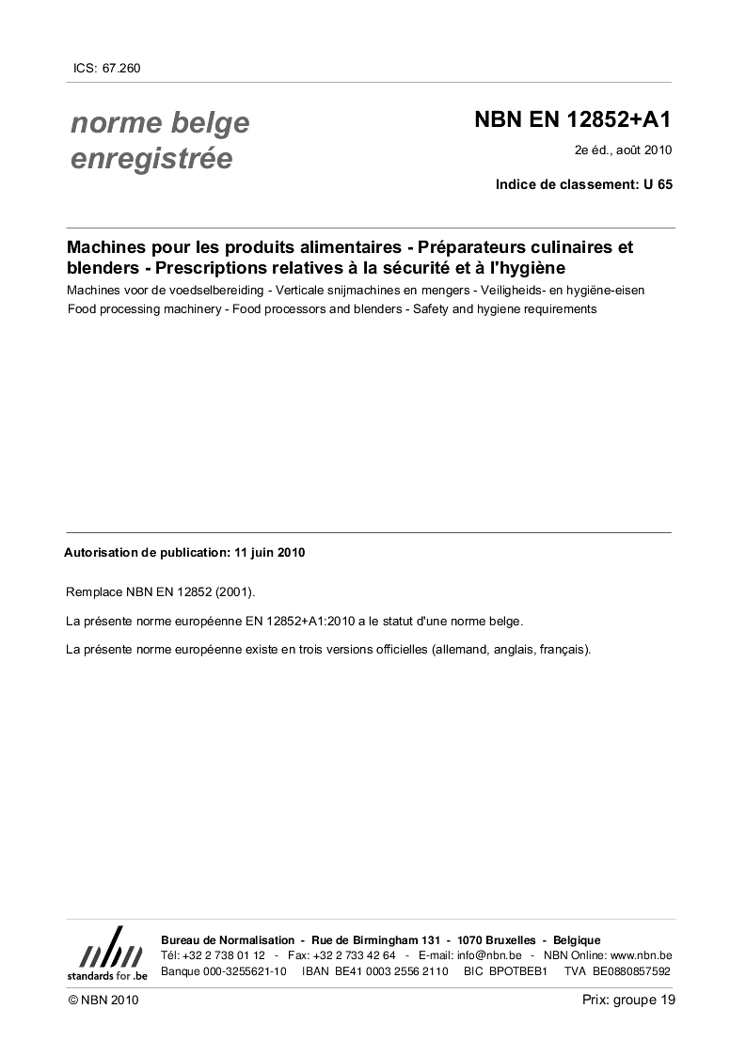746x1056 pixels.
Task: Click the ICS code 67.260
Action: click(121, 68)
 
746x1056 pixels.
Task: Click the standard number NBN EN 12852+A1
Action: click(573, 120)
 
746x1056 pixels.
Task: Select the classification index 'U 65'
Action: click(658, 184)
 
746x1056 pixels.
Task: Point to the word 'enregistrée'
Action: click(151, 159)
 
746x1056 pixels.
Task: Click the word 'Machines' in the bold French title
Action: click(108, 248)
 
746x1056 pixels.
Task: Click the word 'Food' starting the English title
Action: click(81, 308)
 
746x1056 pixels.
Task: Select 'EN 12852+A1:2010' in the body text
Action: click(296, 621)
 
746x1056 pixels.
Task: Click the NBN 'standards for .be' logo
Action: click(106, 954)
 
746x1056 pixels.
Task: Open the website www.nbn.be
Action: click(641, 955)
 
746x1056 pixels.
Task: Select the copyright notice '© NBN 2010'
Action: click(103, 1001)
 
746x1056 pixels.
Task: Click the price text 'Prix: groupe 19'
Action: click(628, 1000)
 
